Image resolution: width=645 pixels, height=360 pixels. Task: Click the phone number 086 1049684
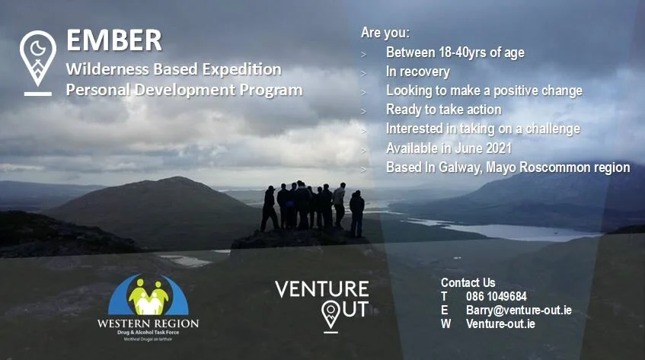(496, 296)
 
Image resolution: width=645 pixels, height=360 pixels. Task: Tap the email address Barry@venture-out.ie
(519, 310)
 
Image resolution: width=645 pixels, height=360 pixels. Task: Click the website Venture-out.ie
(500, 323)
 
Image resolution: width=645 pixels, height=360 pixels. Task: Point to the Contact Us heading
(468, 282)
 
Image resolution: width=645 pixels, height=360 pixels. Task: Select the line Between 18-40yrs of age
(455, 53)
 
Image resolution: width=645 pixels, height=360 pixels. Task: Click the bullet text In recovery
(417, 72)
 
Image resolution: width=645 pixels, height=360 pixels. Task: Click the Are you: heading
(385, 33)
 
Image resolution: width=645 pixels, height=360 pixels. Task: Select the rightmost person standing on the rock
(356, 213)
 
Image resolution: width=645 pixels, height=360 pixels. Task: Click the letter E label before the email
(445, 310)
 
